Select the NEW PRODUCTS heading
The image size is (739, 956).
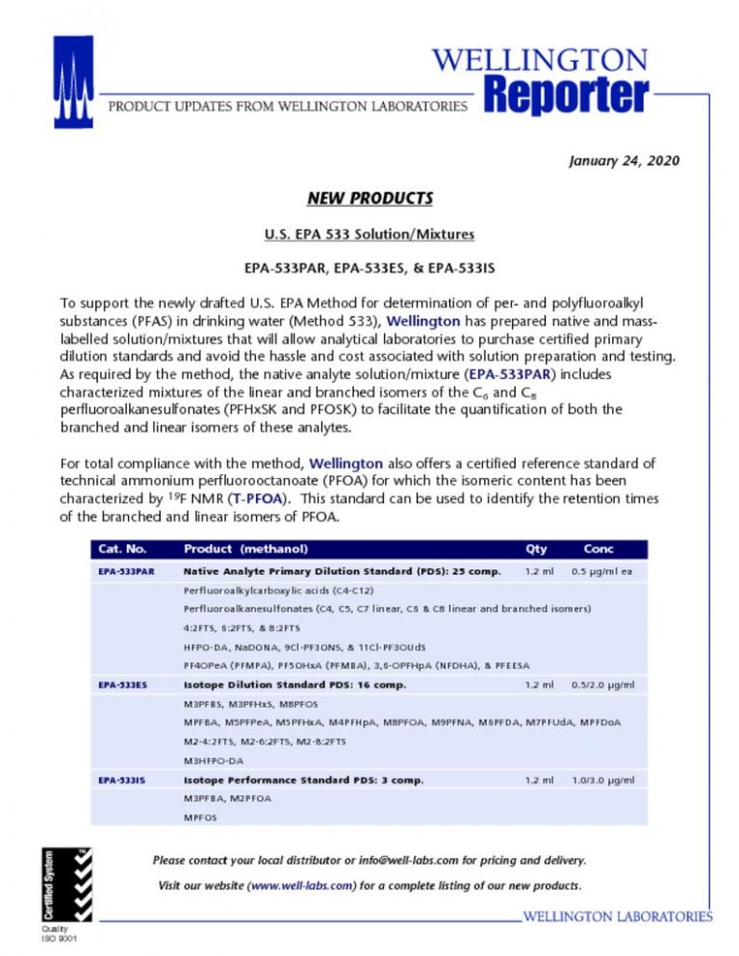click(369, 199)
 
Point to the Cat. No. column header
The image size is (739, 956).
click(122, 549)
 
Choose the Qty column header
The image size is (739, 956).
click(535, 549)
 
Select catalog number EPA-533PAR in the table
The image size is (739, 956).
click(125, 571)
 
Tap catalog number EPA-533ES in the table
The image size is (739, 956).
click(121, 686)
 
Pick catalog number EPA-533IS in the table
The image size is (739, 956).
click(121, 780)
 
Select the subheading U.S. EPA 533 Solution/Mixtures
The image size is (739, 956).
click(369, 233)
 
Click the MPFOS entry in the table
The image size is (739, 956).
click(200, 818)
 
